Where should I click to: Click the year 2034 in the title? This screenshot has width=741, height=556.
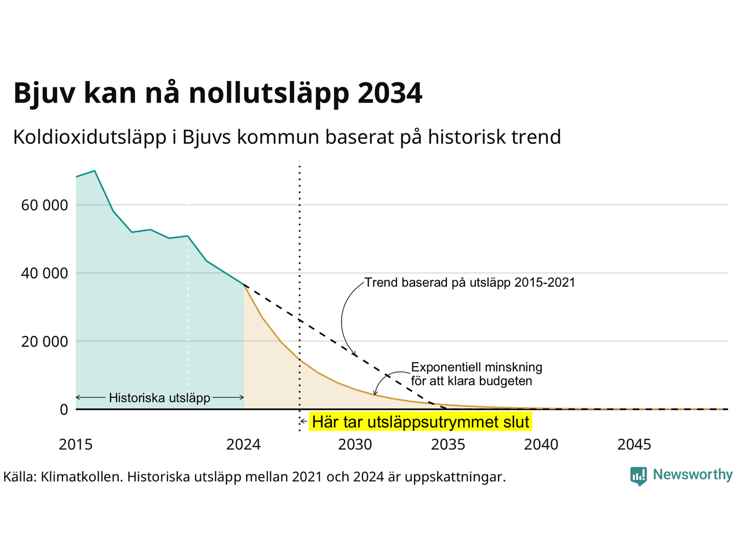tap(390, 93)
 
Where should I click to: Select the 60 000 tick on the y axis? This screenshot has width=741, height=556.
tap(45, 205)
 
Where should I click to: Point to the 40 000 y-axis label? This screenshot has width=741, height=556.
tap(45, 273)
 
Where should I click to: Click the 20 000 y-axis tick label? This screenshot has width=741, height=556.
tap(45, 342)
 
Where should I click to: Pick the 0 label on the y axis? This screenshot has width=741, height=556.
tap(64, 409)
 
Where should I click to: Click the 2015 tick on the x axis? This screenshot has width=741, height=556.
tap(76, 445)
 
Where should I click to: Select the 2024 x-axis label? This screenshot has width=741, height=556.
tap(243, 445)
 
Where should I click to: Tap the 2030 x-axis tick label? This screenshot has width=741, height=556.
tap(355, 445)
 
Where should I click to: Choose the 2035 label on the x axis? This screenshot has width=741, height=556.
tap(448, 445)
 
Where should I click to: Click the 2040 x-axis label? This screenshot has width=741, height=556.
tap(541, 445)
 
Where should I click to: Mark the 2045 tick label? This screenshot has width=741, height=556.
tap(634, 445)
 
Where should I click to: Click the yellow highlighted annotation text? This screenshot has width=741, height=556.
tap(421, 422)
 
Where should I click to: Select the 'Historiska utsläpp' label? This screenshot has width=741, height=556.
tap(160, 398)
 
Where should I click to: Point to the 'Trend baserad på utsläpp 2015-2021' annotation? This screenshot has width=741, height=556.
tap(470, 283)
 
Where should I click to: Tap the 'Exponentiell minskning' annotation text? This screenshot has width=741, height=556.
tap(476, 367)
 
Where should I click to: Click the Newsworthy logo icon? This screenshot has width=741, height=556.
tap(639, 476)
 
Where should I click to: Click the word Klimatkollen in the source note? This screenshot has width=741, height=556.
tap(80, 477)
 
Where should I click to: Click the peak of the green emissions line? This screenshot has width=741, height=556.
tap(94, 171)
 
